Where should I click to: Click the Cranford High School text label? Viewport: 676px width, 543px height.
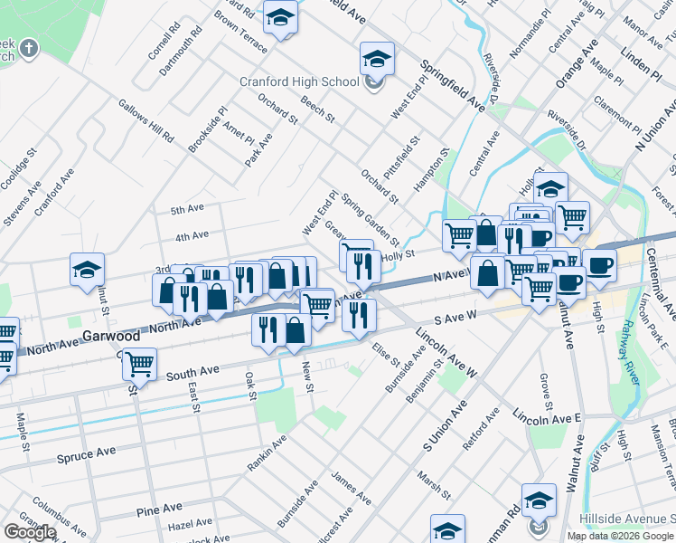click(x=299, y=81)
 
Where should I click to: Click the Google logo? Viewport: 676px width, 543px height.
click(x=30, y=532)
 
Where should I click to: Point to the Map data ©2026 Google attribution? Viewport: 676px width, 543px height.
click(x=620, y=536)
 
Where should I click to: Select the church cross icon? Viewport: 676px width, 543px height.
click(x=29, y=47)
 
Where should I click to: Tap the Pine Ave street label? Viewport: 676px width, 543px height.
click(x=159, y=510)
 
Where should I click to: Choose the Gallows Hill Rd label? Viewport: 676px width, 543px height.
click(x=146, y=120)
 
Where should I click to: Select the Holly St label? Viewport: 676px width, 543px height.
click(x=398, y=256)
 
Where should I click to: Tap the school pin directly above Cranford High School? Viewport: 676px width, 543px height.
click(x=377, y=59)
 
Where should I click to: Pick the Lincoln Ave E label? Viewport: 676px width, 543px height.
click(x=546, y=418)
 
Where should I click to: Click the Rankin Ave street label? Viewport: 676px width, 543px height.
click(x=268, y=452)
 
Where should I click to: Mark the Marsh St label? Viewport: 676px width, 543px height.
click(x=433, y=484)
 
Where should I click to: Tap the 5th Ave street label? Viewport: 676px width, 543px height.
click(x=187, y=209)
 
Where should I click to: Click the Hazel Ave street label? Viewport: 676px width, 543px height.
click(x=190, y=524)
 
